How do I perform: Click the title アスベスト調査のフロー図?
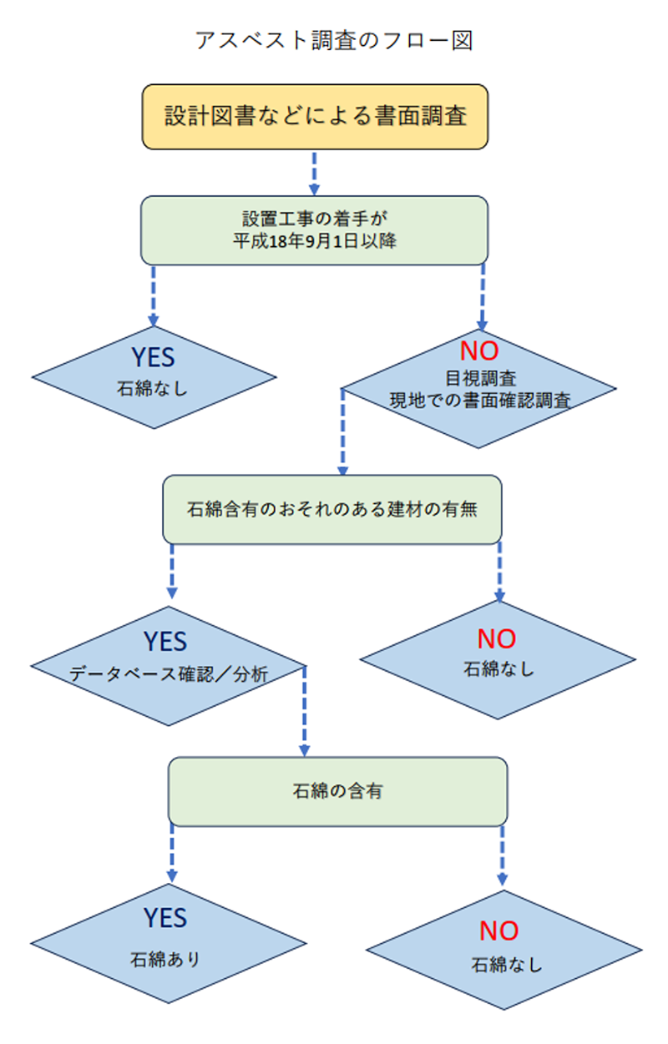[334, 40]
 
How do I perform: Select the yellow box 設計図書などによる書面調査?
[314, 116]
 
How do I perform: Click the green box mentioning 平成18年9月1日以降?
[314, 230]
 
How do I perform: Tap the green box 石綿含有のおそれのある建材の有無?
[331, 509]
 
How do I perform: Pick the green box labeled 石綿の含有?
[337, 790]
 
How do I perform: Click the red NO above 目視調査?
[479, 351]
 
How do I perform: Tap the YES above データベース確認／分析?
[165, 641]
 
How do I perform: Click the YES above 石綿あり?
[165, 917]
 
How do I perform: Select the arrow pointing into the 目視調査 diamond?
[482, 296]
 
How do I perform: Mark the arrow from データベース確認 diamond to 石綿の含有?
[304, 709]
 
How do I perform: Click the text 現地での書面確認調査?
[480, 399]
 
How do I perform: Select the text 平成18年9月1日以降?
[314, 241]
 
